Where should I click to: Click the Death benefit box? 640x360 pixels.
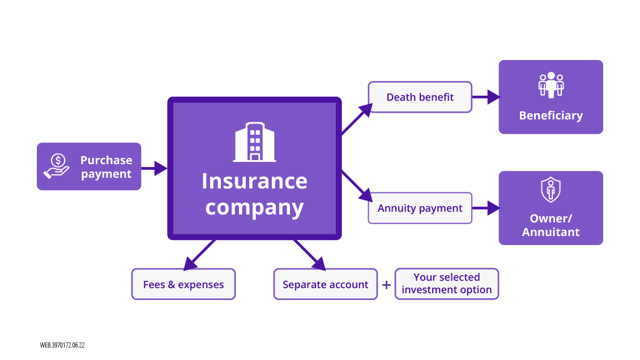click(420, 97)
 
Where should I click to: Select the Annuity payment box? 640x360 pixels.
click(420, 208)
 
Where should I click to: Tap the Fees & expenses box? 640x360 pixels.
click(184, 285)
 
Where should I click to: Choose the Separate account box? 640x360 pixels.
click(325, 285)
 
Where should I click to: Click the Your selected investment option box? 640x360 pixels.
click(446, 284)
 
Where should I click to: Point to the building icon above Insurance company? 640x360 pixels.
click(255, 142)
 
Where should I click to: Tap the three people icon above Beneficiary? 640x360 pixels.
click(551, 85)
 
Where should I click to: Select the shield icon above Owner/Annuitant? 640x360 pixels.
click(551, 190)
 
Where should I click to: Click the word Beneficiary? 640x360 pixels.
click(551, 115)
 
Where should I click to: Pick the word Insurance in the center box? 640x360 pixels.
click(254, 181)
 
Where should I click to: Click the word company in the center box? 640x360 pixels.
click(254, 207)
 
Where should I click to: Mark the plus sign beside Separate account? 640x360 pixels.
click(386, 285)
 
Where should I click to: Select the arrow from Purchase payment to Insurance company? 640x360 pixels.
click(154, 168)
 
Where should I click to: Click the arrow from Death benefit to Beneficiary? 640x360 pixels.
click(485, 97)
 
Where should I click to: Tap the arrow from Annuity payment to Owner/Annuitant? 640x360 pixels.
click(485, 208)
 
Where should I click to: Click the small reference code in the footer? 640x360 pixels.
click(62, 345)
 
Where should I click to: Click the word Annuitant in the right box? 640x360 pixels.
click(551, 232)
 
